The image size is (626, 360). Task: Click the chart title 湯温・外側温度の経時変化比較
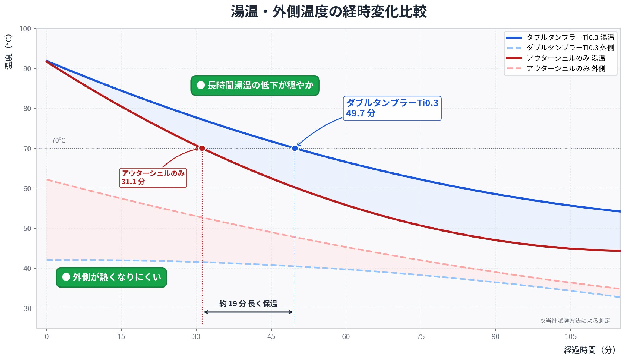pos(328,11)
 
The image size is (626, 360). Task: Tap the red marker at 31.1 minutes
pos(202,148)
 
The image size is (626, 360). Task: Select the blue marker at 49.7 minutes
pos(295,148)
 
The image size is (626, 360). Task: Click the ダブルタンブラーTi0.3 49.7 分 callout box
pos(392,108)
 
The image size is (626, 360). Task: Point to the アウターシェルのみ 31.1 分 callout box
pos(153,178)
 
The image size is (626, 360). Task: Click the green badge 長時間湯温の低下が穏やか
pos(255,86)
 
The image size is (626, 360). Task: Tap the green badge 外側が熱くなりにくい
pos(111,277)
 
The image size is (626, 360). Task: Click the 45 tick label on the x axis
pos(271,337)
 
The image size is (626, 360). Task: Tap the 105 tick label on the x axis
pos(570,337)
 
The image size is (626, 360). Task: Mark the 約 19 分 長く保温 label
pos(248,304)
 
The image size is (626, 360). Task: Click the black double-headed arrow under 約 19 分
pos(248,312)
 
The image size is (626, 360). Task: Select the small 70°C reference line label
pos(59,140)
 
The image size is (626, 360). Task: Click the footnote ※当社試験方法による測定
pos(575,321)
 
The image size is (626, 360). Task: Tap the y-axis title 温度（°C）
pos(8,52)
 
